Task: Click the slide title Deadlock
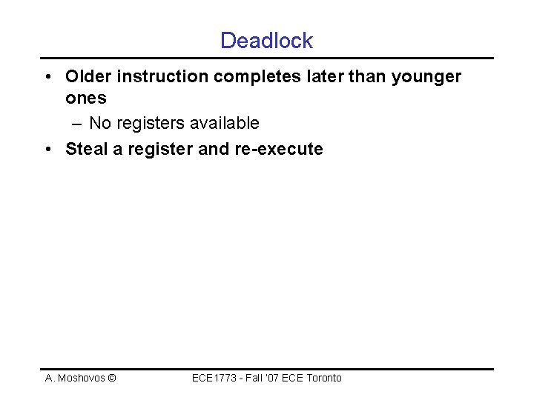pyautogui.click(x=266, y=41)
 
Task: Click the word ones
pyautogui.click(x=86, y=98)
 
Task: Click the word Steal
pyautogui.click(x=88, y=149)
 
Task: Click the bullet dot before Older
pyautogui.click(x=47, y=77)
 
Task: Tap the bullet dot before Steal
pyautogui.click(x=47, y=150)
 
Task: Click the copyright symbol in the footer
pyautogui.click(x=111, y=379)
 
